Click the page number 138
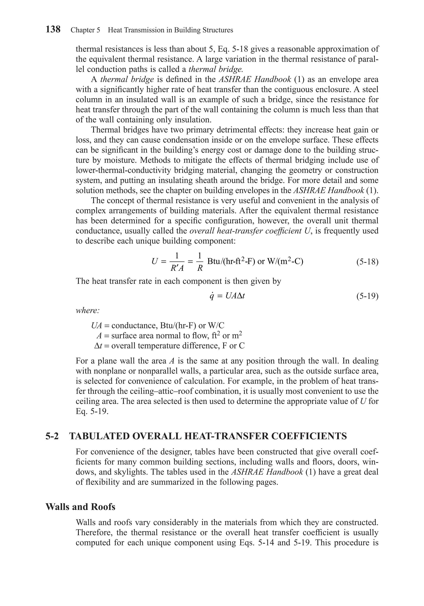tap(53, 29)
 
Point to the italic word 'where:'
tap(87, 311)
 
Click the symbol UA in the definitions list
tap(96, 325)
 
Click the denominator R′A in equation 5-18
tap(177, 268)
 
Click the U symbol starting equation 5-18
tap(155, 262)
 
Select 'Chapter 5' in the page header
tap(85, 30)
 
